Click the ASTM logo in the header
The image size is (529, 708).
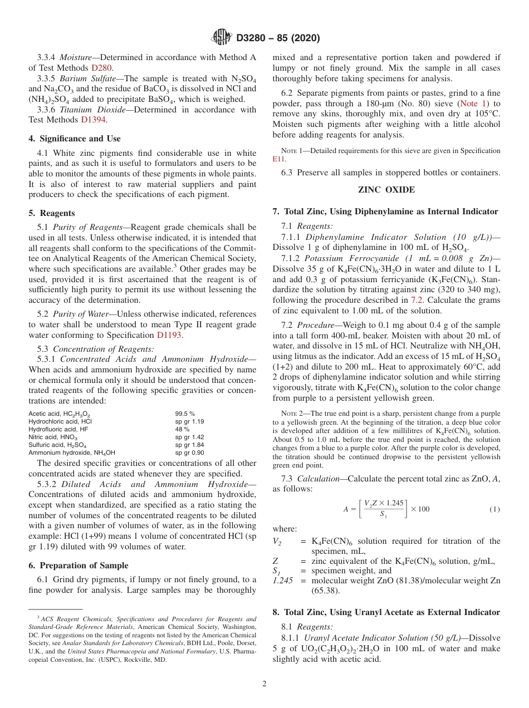point(222,38)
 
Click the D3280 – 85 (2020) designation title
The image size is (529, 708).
point(278,38)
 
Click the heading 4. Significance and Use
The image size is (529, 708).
point(74,139)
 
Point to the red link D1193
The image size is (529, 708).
point(169,335)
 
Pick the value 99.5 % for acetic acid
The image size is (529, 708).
point(185,414)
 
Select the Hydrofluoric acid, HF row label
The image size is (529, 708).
point(58,430)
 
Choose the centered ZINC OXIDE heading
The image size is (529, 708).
point(386,190)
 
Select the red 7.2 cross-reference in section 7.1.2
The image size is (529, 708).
point(417,299)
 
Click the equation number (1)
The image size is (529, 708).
point(494,509)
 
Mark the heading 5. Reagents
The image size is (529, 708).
point(52,213)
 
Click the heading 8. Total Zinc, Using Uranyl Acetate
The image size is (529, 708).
point(386,612)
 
